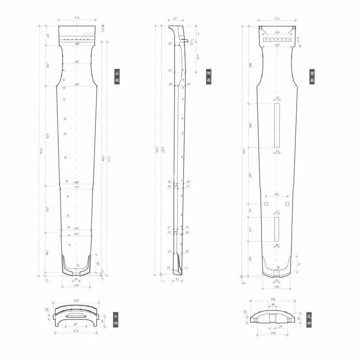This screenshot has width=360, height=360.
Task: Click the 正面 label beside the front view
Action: coord(117,76)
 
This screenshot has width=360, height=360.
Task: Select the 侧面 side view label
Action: coord(208,76)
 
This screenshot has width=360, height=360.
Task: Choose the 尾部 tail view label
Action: coord(309,320)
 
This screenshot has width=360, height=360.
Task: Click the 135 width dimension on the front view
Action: coord(77,62)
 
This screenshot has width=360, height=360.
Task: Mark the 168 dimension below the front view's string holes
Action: coord(77,44)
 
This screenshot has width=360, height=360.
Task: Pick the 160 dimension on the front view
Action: coord(76,182)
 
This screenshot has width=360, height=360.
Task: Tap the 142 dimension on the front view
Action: coord(76,229)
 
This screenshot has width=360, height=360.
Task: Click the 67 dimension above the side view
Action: coord(175,19)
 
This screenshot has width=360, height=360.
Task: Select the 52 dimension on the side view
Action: coord(170,71)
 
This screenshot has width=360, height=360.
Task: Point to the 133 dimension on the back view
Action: coord(276,32)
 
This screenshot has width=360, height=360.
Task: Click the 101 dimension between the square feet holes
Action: coord(276,195)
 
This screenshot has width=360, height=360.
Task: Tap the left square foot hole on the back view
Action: coord(266,204)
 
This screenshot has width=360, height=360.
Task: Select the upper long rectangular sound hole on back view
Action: coord(276,125)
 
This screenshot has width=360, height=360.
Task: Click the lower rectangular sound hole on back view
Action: coord(276,229)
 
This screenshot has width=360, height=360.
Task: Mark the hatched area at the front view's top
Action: coord(77,31)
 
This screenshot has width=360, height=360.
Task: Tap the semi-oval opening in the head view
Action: coord(76,316)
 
